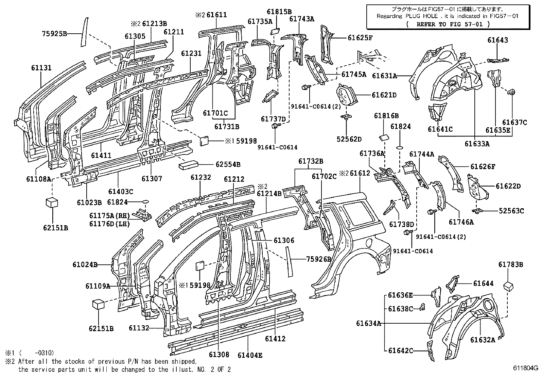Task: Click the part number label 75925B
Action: pyautogui.click(x=54, y=33)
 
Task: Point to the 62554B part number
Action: pyautogui.click(x=228, y=165)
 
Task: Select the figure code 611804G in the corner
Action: pyautogui.click(x=525, y=368)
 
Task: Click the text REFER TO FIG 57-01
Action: pyautogui.click(x=448, y=24)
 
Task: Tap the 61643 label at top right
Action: pyautogui.click(x=498, y=40)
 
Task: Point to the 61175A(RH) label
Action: pyautogui.click(x=110, y=216)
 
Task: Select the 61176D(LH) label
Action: pyautogui.click(x=110, y=224)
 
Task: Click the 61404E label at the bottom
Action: pyautogui.click(x=250, y=355)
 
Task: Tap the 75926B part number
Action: pyautogui.click(x=318, y=259)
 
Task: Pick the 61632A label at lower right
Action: pyautogui.click(x=483, y=340)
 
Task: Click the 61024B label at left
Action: pyautogui.click(x=85, y=264)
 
